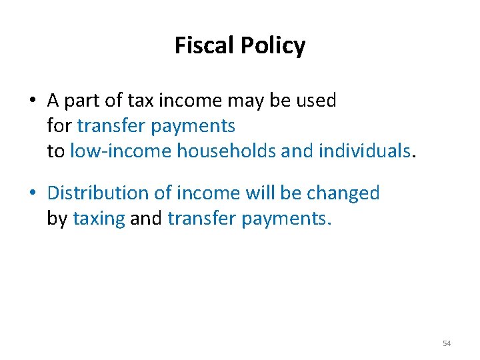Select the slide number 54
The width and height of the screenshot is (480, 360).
coord(447,343)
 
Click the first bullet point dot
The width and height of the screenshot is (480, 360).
coord(32,101)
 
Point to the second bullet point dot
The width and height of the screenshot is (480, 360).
coord(32,193)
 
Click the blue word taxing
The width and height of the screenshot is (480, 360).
coord(99,219)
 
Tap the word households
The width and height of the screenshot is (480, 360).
coord(227,151)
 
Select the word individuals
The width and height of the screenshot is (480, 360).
coord(364,151)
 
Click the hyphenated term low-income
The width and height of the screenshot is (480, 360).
coord(121,151)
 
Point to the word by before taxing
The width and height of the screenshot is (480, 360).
coord(57,219)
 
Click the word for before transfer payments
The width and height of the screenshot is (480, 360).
coord(60,125)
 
